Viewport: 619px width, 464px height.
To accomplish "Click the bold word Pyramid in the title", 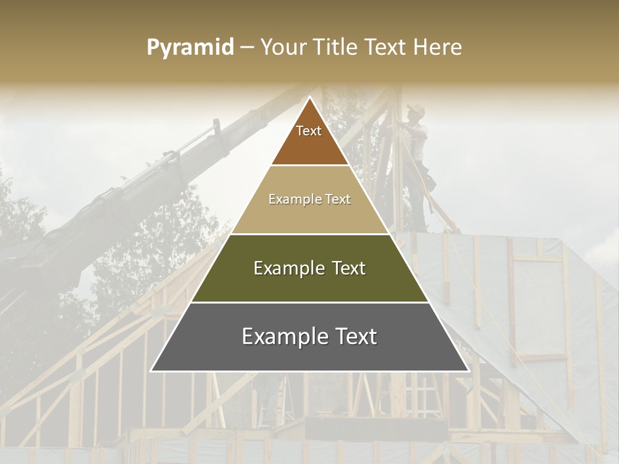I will pyautogui.click(x=190, y=48).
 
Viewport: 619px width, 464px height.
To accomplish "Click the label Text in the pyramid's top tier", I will pyautogui.click(x=309, y=131).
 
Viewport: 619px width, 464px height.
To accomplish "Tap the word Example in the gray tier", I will pyautogui.click(x=282, y=337).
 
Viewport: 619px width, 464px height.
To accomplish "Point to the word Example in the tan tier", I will pyautogui.click(x=294, y=199).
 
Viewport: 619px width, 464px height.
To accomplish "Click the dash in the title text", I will pyautogui.click(x=247, y=48).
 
